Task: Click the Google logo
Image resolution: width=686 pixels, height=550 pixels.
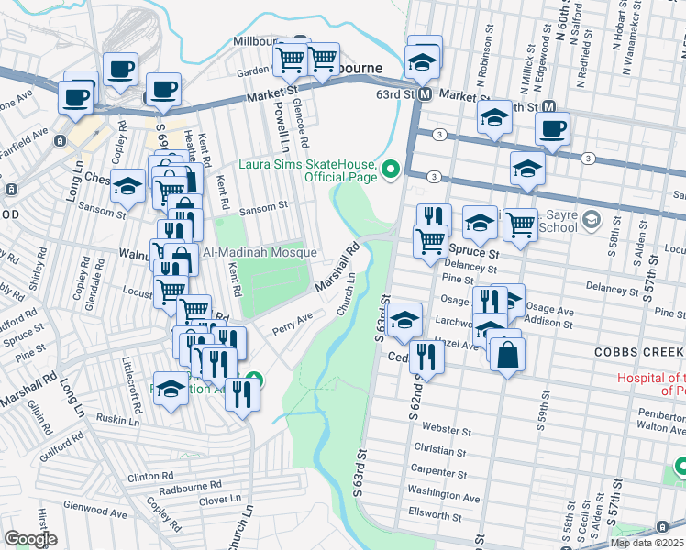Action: click(x=30, y=539)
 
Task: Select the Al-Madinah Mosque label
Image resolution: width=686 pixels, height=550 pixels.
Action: click(x=260, y=252)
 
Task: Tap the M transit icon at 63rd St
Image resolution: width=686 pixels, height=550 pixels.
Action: click(x=425, y=94)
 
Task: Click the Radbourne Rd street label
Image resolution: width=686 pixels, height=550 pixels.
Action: click(x=190, y=485)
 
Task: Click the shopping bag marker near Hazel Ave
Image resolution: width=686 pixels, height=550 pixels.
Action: click(x=507, y=354)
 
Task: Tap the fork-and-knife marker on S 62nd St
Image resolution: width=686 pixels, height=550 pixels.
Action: click(x=426, y=357)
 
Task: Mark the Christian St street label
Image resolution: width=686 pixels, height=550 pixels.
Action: click(x=440, y=450)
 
